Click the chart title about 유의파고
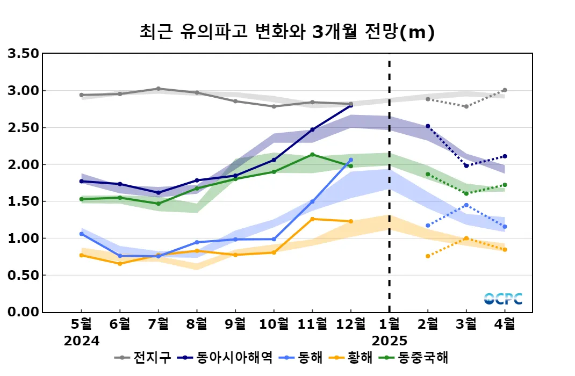(x=286, y=32)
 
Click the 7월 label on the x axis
(x=158, y=324)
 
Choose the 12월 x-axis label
(x=351, y=324)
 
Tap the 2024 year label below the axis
(x=82, y=341)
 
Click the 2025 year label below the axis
(x=390, y=341)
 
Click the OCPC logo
(x=503, y=299)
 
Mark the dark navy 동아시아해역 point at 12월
(x=351, y=105)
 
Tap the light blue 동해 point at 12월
(x=351, y=160)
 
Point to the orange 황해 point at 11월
(x=312, y=219)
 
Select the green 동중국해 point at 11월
(x=312, y=155)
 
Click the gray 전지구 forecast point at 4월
(x=505, y=90)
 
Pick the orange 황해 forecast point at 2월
(x=428, y=256)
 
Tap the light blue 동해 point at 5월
(x=82, y=234)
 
